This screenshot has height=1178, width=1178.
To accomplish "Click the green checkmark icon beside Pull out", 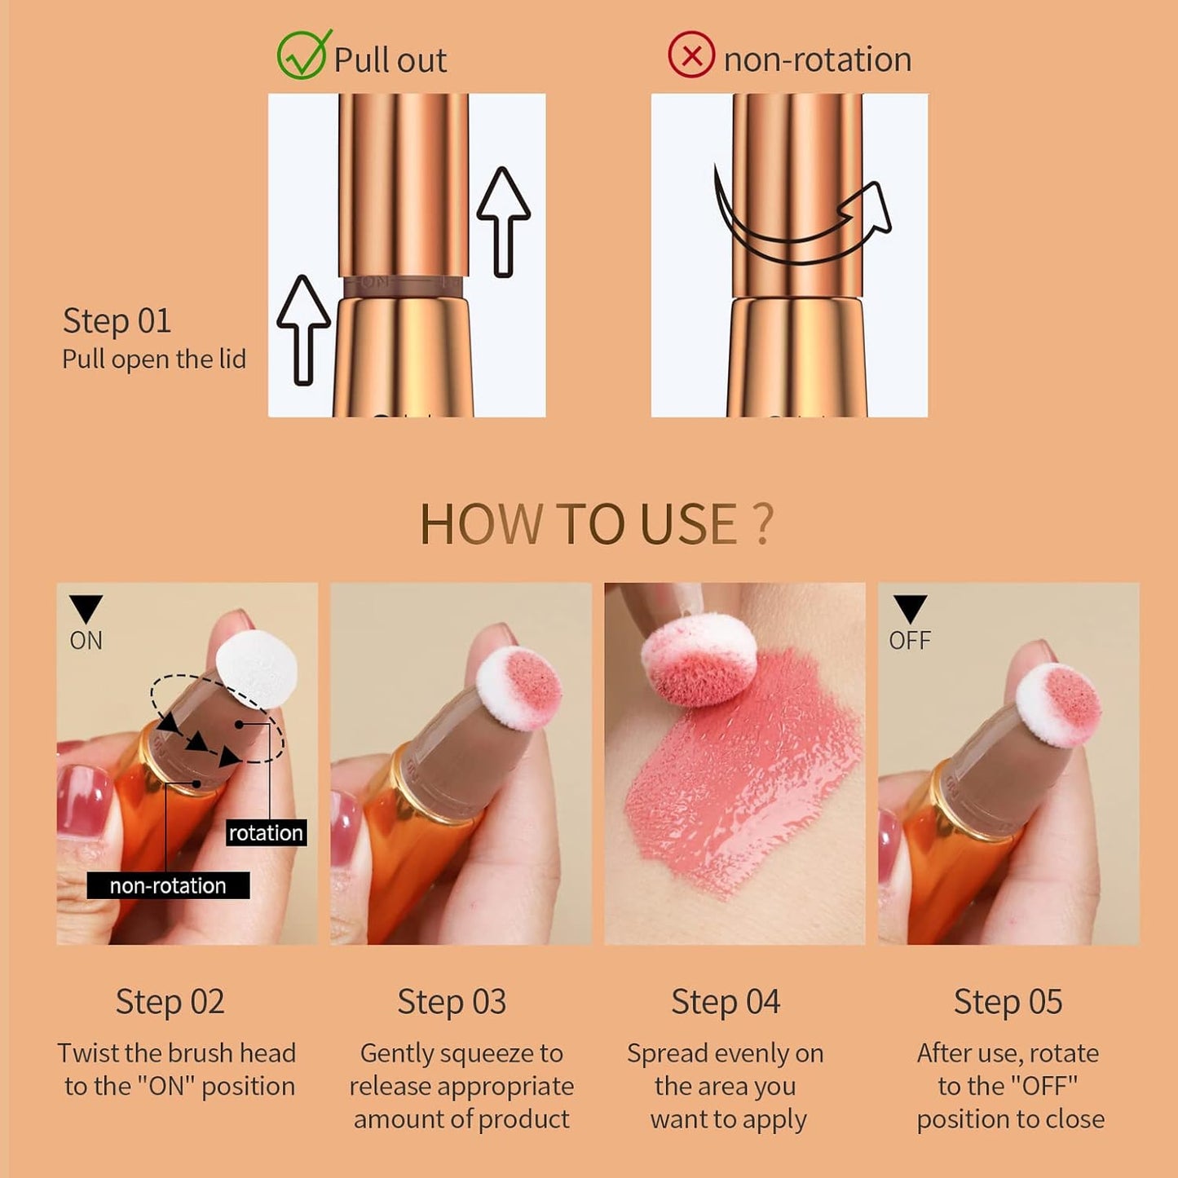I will tap(303, 55).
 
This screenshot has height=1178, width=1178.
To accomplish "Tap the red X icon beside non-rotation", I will tap(691, 56).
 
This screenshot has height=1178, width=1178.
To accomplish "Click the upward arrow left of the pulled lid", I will tap(303, 329).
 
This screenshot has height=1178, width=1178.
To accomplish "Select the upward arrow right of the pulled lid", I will tap(503, 222).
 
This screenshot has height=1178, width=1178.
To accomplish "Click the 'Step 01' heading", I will tap(117, 321).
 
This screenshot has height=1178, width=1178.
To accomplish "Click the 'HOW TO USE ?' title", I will tap(596, 524).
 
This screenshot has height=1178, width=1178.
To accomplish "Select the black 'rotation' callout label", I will tap(266, 833).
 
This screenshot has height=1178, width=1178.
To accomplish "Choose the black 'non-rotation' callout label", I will tap(168, 886).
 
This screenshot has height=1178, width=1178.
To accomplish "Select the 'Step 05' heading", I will tap(1008, 1003).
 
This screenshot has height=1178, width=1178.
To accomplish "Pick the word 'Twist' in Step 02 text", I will tap(89, 1053).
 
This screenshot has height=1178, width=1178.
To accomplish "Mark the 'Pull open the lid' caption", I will tap(154, 360).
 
